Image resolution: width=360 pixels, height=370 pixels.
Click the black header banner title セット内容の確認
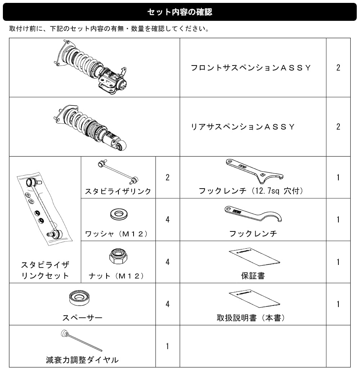pyautogui.click(x=180, y=12)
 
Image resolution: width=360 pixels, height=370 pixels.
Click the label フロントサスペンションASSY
pyautogui.click(x=251, y=68)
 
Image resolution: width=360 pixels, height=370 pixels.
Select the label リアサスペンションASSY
pyautogui.click(x=243, y=127)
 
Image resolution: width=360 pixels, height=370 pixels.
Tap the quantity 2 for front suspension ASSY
pyautogui.click(x=338, y=68)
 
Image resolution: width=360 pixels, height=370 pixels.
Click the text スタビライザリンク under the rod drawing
pyautogui.click(x=118, y=191)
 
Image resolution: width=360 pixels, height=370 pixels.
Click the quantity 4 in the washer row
pyautogui.click(x=167, y=220)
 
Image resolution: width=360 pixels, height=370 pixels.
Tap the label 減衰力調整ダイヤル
pyautogui.click(x=82, y=360)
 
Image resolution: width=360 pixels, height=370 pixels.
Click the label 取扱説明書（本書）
pyautogui.click(x=251, y=318)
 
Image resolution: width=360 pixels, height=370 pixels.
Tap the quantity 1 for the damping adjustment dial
pyautogui.click(x=167, y=346)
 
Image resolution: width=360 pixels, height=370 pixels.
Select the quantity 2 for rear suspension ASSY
pyautogui.click(x=338, y=127)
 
